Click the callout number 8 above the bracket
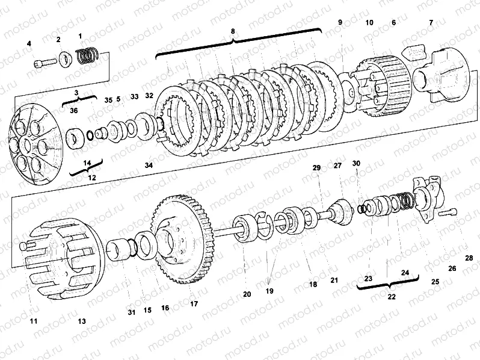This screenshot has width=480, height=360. [x=233, y=31]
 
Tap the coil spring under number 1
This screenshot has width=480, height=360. [x=87, y=55]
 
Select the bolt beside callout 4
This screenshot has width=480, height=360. [x=45, y=63]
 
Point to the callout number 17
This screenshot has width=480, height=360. [x=194, y=303]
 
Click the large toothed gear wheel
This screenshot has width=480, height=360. [x=183, y=239]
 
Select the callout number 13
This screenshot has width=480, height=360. [x=82, y=321]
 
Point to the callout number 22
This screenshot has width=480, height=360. [x=392, y=297]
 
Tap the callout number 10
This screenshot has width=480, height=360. [x=369, y=22]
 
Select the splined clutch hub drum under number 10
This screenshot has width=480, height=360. [x=380, y=84]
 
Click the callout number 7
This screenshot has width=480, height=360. [x=431, y=22]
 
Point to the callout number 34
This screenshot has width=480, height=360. [x=149, y=165]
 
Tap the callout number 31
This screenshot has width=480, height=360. [x=131, y=312]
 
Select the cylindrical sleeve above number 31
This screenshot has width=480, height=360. [x=117, y=250]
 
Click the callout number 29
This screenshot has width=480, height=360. [x=316, y=167]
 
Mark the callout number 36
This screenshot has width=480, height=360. [x=74, y=110]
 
